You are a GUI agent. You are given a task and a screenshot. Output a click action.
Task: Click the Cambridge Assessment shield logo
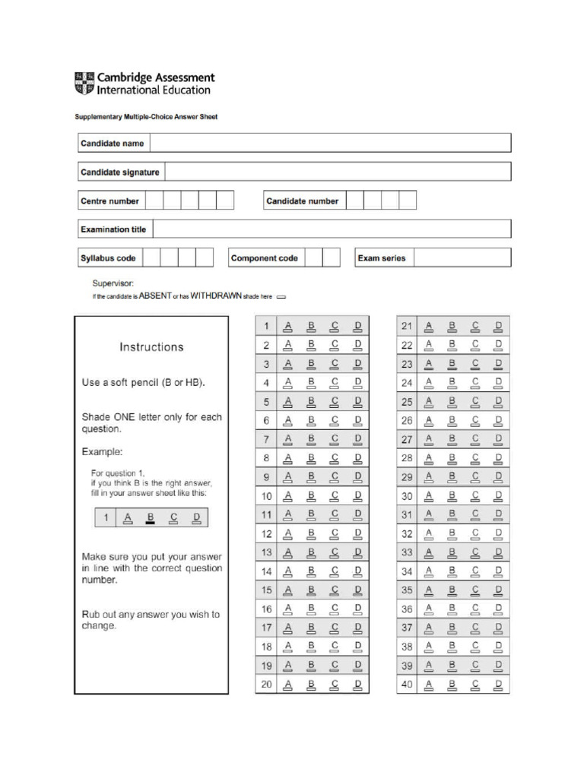pos(84,84)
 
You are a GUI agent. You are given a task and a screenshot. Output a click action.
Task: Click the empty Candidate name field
pos(330,143)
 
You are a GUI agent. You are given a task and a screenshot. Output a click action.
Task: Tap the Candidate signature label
pos(120,172)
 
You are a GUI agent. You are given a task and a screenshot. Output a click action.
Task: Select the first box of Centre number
pos(154,201)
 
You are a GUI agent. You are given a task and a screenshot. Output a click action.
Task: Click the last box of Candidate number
pos(408,201)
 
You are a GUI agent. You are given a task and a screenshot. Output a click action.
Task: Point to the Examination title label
pos(113,229)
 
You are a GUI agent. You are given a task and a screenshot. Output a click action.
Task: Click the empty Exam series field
pos(462,258)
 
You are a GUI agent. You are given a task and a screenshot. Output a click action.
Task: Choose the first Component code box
pos(312,258)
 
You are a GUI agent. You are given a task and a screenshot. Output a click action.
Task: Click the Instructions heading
pos(151,347)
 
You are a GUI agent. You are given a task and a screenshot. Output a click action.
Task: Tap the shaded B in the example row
pos(151,519)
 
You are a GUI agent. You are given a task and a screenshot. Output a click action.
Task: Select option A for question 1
pos(288,327)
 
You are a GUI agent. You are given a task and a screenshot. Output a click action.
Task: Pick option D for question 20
pos(357,685)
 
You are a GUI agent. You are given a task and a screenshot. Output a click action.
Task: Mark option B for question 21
pos(452,327)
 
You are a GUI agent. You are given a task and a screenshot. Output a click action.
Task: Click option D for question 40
pos(499,685)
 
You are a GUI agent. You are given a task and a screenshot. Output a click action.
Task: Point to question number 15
pos(266,590)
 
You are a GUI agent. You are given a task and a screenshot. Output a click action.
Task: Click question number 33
pos(407,552)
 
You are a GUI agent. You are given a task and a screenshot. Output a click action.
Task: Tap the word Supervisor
pos(113,283)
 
